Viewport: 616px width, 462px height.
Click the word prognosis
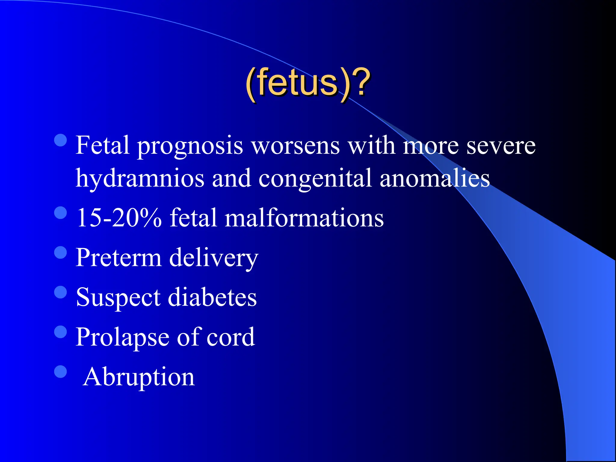coord(190,146)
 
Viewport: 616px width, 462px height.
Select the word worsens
coord(296,146)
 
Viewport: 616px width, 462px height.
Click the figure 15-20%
coord(119,218)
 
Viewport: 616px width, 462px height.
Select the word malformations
coord(304,218)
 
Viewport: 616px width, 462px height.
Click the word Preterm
coord(119,257)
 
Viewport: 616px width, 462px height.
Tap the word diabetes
coord(212,297)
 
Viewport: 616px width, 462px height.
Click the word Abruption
coord(139,377)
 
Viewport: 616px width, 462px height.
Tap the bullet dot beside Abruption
coord(61,371)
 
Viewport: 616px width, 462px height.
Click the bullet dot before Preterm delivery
coord(61,252)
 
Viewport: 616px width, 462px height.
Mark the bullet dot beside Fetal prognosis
coord(61,140)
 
